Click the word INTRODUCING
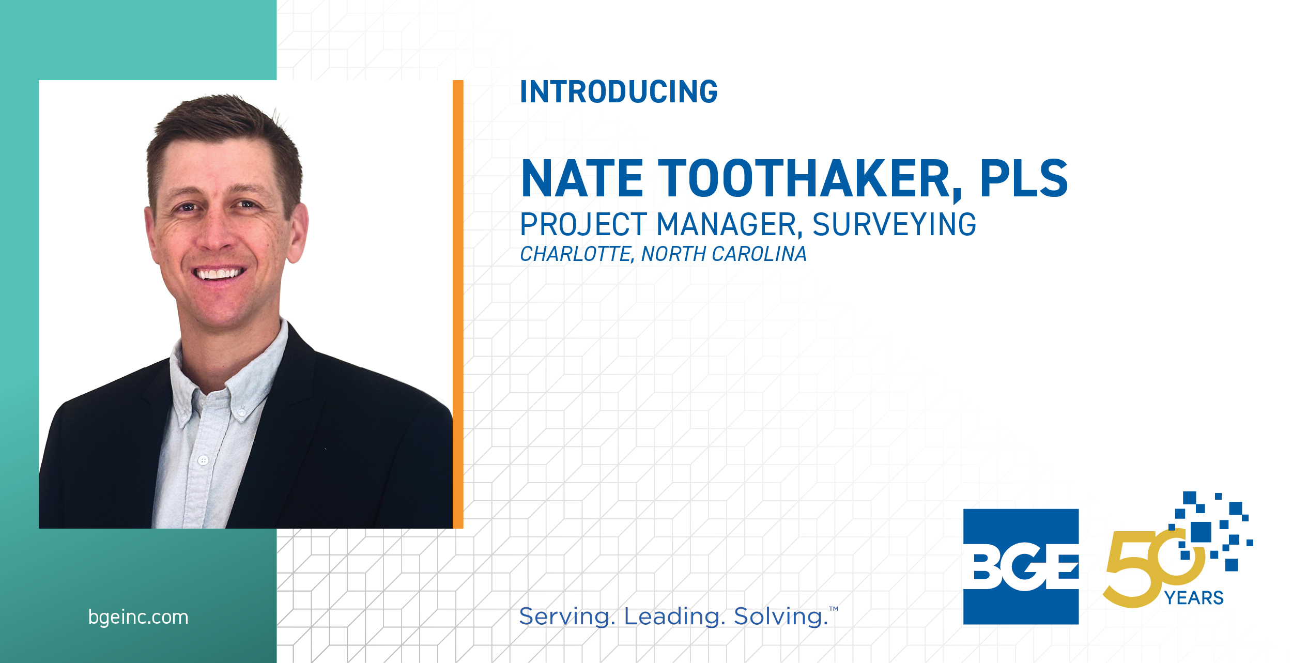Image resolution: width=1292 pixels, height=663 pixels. click(x=619, y=91)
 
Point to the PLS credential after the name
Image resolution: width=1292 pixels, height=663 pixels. click(x=1024, y=178)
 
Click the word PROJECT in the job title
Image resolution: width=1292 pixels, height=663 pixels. click(x=583, y=224)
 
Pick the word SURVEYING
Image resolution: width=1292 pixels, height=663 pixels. click(x=895, y=224)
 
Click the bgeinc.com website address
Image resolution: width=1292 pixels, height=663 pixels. click(x=139, y=617)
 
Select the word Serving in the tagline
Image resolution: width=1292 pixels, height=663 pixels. click(x=567, y=616)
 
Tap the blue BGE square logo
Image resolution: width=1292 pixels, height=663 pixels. click(x=1021, y=566)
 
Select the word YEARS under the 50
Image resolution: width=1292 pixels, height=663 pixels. click(x=1194, y=598)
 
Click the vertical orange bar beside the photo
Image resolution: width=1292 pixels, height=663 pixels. click(x=458, y=304)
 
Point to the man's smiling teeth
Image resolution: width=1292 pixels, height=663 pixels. click(x=220, y=273)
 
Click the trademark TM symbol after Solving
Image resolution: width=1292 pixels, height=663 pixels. click(x=834, y=609)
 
